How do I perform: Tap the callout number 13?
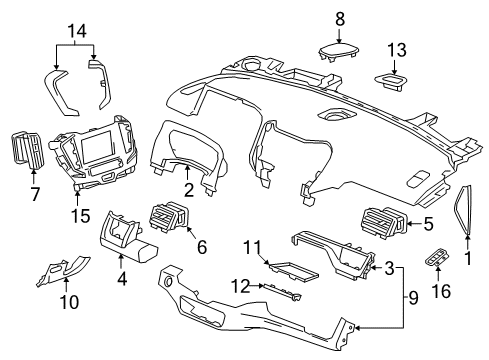(x=398, y=49)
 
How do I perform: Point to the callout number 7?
(x=34, y=194)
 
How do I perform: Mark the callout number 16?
(x=437, y=289)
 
